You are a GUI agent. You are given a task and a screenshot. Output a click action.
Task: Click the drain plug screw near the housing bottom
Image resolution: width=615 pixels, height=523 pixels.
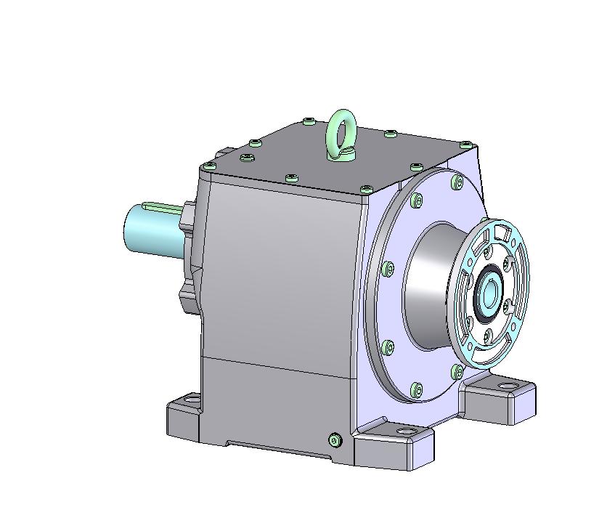(335, 439)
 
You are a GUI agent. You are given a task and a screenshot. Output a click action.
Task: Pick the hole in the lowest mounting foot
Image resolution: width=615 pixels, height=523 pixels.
(406, 434)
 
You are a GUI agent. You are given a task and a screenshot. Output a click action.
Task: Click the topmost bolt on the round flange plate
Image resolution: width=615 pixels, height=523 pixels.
(456, 181)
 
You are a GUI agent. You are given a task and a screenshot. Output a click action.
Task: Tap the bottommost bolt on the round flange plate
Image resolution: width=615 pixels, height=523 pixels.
(416, 389)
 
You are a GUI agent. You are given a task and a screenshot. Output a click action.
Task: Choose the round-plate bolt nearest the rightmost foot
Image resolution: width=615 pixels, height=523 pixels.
(457, 372)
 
